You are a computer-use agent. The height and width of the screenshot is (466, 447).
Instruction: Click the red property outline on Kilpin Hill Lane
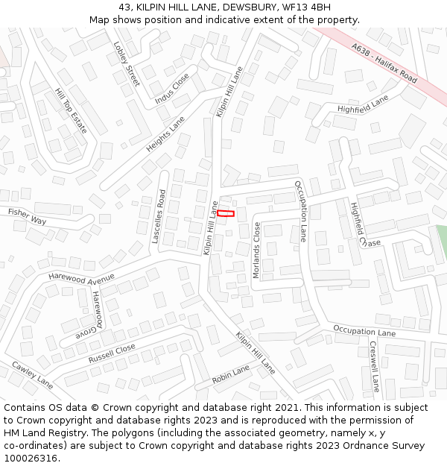tap(226, 214)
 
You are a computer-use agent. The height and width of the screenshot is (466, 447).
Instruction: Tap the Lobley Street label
tap(127, 63)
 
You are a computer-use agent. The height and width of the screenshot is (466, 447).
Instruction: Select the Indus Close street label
tap(172, 89)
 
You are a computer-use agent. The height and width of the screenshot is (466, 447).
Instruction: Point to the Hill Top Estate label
tap(71, 111)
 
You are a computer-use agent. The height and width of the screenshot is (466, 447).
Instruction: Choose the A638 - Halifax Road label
tap(384, 63)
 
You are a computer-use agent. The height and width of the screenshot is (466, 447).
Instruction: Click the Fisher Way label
tap(27, 217)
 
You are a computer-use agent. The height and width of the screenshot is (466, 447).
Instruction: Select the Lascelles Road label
tap(159, 217)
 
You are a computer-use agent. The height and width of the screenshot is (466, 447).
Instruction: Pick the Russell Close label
tap(112, 353)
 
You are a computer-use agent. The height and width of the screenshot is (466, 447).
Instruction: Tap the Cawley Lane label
tap(32, 375)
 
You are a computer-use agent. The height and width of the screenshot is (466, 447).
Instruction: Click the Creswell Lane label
tap(374, 367)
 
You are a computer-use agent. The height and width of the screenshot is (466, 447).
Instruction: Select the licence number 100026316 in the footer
tap(30, 459)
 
